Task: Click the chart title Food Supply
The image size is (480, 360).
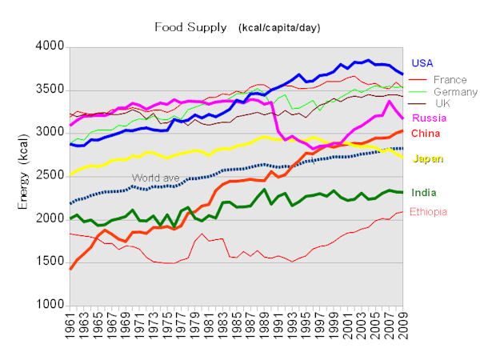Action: pyautogui.click(x=190, y=27)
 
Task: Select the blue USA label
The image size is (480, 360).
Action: pyautogui.click(x=424, y=63)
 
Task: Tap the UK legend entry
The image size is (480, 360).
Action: pyautogui.click(x=443, y=103)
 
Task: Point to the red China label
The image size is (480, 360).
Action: pyautogui.click(x=426, y=133)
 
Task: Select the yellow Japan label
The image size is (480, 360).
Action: pyautogui.click(x=429, y=159)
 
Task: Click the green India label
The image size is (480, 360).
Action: pyautogui.click(x=425, y=193)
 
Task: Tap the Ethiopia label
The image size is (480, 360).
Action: pyautogui.click(x=433, y=212)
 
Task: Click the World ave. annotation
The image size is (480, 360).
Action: pyautogui.click(x=154, y=177)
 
